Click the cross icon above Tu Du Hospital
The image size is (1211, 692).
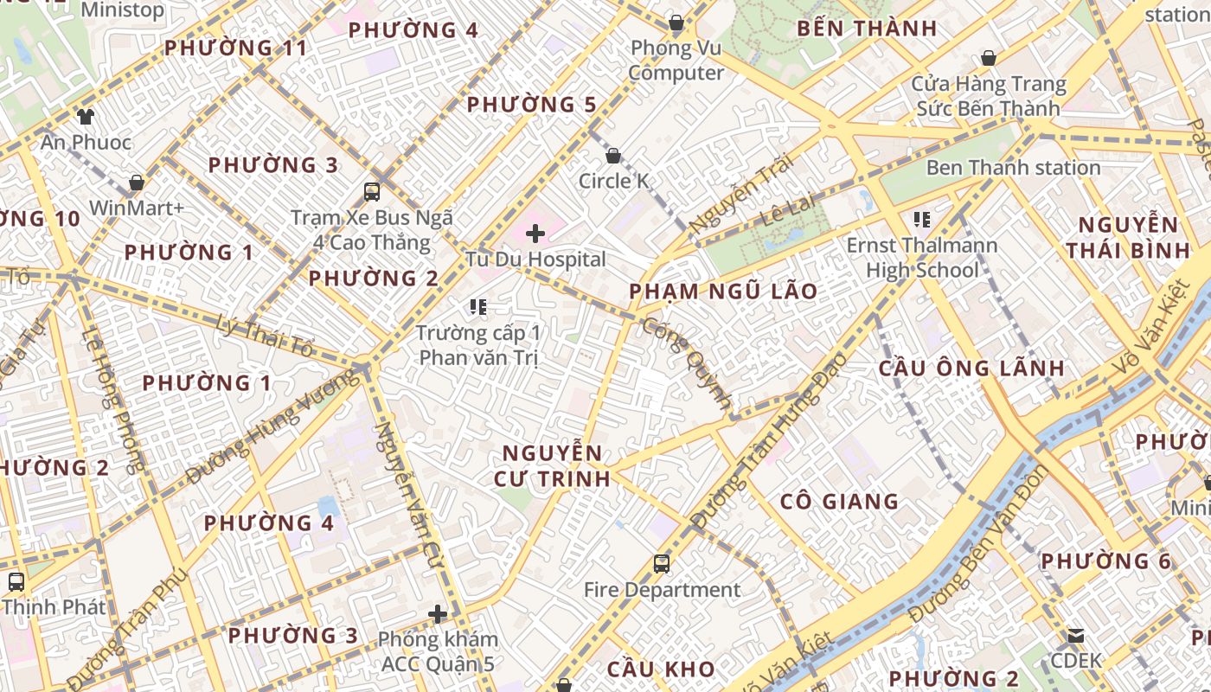pos(535,233)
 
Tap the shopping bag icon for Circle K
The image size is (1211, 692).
pos(613,157)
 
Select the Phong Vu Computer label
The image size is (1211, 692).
pos(676,60)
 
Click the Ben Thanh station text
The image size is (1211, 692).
pos(1013,168)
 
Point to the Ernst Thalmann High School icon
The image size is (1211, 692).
pos(921,220)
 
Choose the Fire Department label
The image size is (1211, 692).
pos(662,590)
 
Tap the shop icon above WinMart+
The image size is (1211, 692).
pos(137,183)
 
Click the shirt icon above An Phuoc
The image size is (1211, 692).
pos(85,116)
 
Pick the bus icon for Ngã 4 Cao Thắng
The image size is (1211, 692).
pos(372,192)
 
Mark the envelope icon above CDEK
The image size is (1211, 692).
pos(1076,636)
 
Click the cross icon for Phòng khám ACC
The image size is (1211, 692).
pos(438,614)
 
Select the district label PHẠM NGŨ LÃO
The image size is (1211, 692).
pos(723,292)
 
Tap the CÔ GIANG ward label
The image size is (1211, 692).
pos(839,502)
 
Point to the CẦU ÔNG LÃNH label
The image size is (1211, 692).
pos(971,368)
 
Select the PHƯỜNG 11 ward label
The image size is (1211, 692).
pos(235,48)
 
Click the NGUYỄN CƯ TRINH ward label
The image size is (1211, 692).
pos(552,465)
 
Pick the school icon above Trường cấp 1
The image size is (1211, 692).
pos(478,306)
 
